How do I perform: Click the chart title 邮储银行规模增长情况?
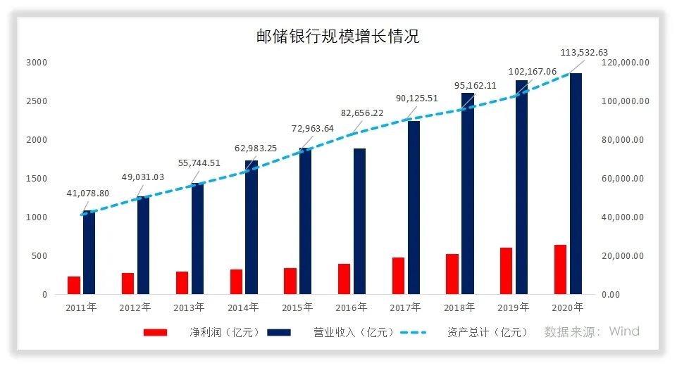pyautogui.click(x=337, y=36)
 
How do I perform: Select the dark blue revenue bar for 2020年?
pyautogui.click(x=576, y=183)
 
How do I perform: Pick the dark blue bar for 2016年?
pyautogui.click(x=359, y=221)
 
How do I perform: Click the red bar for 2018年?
pyautogui.click(x=452, y=274)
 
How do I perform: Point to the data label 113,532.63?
pyautogui.click(x=583, y=52)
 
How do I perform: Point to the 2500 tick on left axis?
pyautogui.click(x=37, y=101)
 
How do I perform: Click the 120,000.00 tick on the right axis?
pyautogui.click(x=626, y=63)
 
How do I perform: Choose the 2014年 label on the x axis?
pyautogui.click(x=243, y=307)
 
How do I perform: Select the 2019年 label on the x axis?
pyautogui.click(x=513, y=307)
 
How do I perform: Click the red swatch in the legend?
pyautogui.click(x=155, y=332)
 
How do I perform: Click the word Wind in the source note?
pyautogui.click(x=623, y=331)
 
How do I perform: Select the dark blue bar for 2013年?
pyautogui.click(x=197, y=239)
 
